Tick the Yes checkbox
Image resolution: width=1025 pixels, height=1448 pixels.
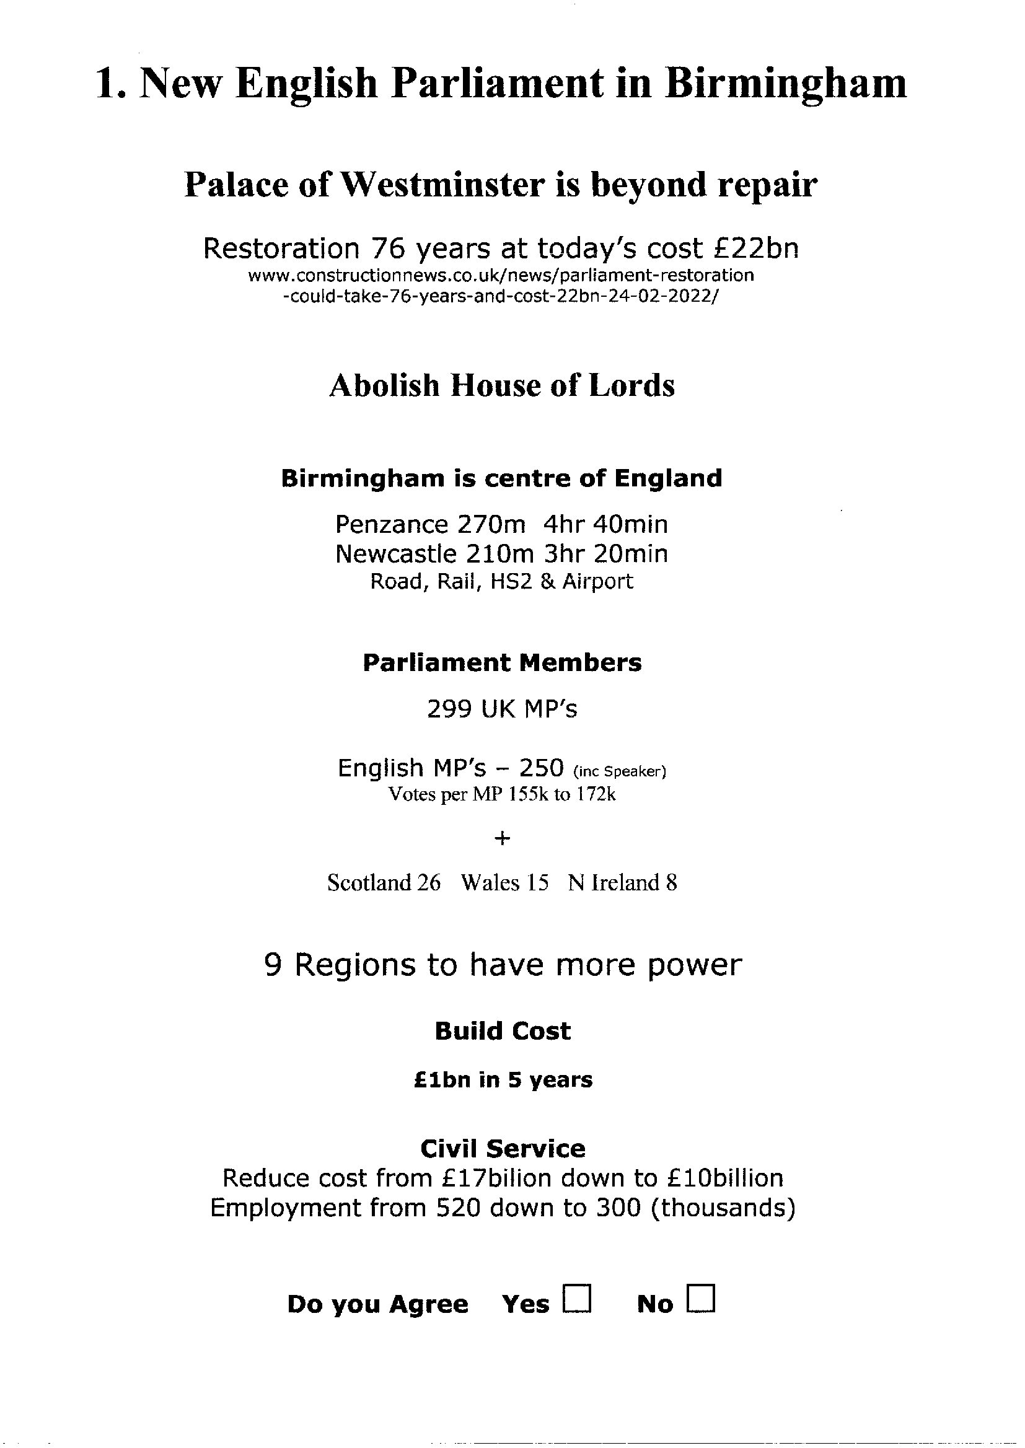click(577, 1300)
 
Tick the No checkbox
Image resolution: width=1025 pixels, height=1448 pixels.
click(702, 1300)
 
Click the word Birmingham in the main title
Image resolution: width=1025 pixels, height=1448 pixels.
click(785, 83)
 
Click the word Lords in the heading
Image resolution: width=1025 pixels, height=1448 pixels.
click(631, 385)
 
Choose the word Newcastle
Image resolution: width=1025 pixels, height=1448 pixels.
click(396, 554)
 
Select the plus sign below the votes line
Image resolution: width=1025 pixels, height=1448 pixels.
click(503, 838)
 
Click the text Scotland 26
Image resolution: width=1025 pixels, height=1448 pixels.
click(384, 883)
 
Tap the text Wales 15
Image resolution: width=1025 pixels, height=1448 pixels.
click(504, 883)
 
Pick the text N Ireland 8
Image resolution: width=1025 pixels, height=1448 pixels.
click(622, 883)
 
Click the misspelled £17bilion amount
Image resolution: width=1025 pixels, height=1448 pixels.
click(503, 1178)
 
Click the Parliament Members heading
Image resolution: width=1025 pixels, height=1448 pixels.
click(502, 663)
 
